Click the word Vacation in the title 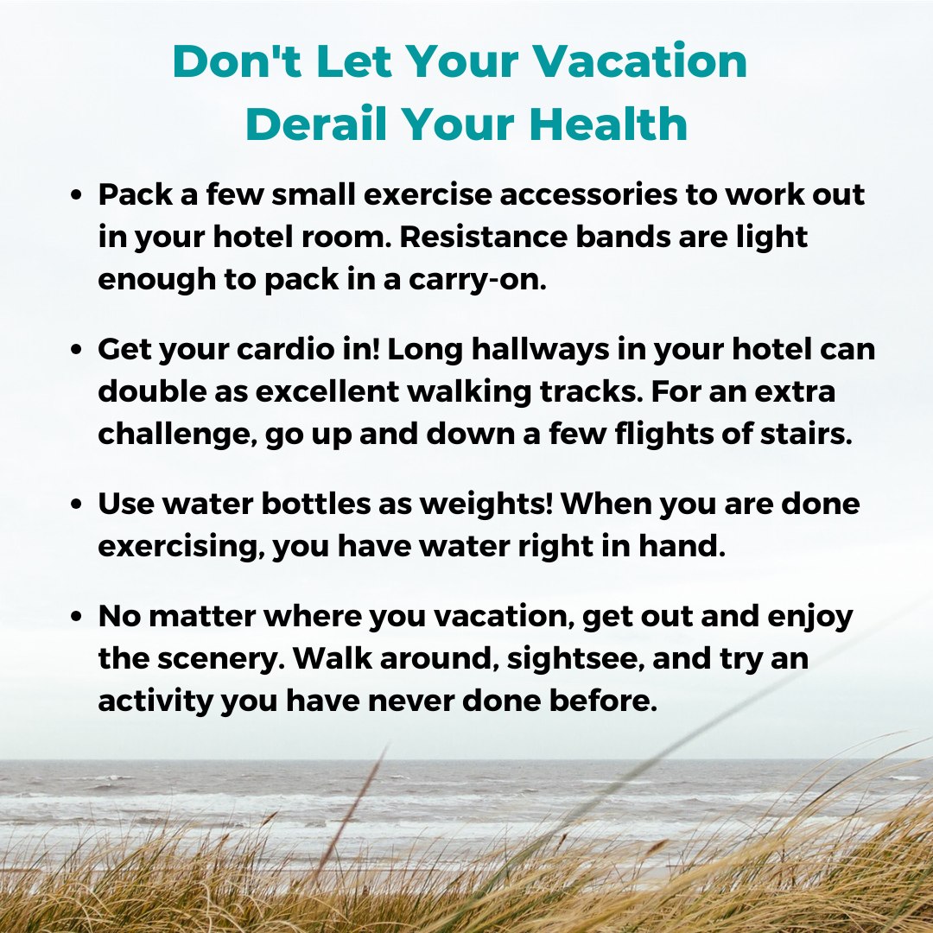pos(639,60)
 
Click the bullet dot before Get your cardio pos(75,349)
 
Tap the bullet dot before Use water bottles pos(75,504)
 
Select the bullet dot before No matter pos(75,616)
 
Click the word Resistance pos(483,237)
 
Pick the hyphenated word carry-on pos(477,280)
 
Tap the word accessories pos(588,194)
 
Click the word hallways pos(541,350)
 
